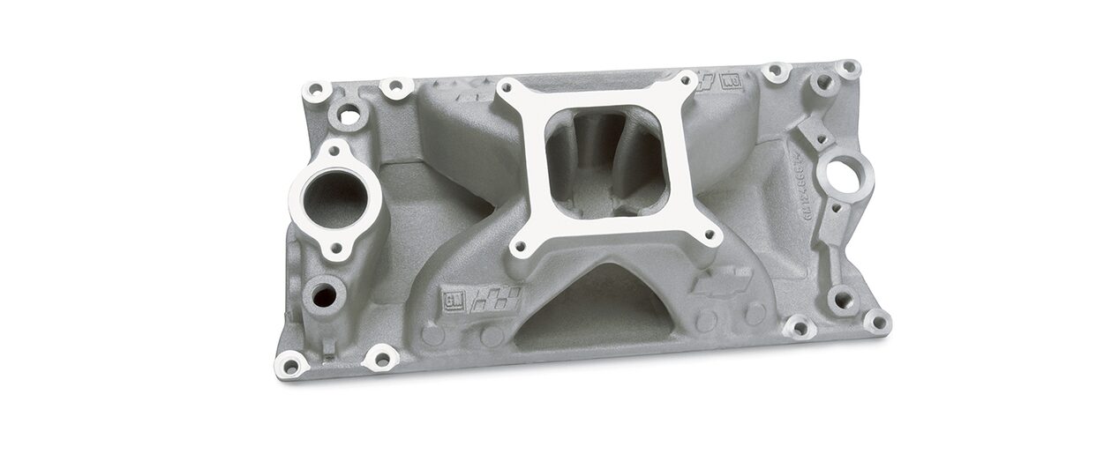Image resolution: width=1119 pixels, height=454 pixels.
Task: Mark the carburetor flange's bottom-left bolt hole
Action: coord(522,249)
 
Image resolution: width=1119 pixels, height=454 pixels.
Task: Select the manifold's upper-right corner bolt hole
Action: coord(848,69)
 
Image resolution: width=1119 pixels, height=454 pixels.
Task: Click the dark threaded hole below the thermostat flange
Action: coord(324,295)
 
